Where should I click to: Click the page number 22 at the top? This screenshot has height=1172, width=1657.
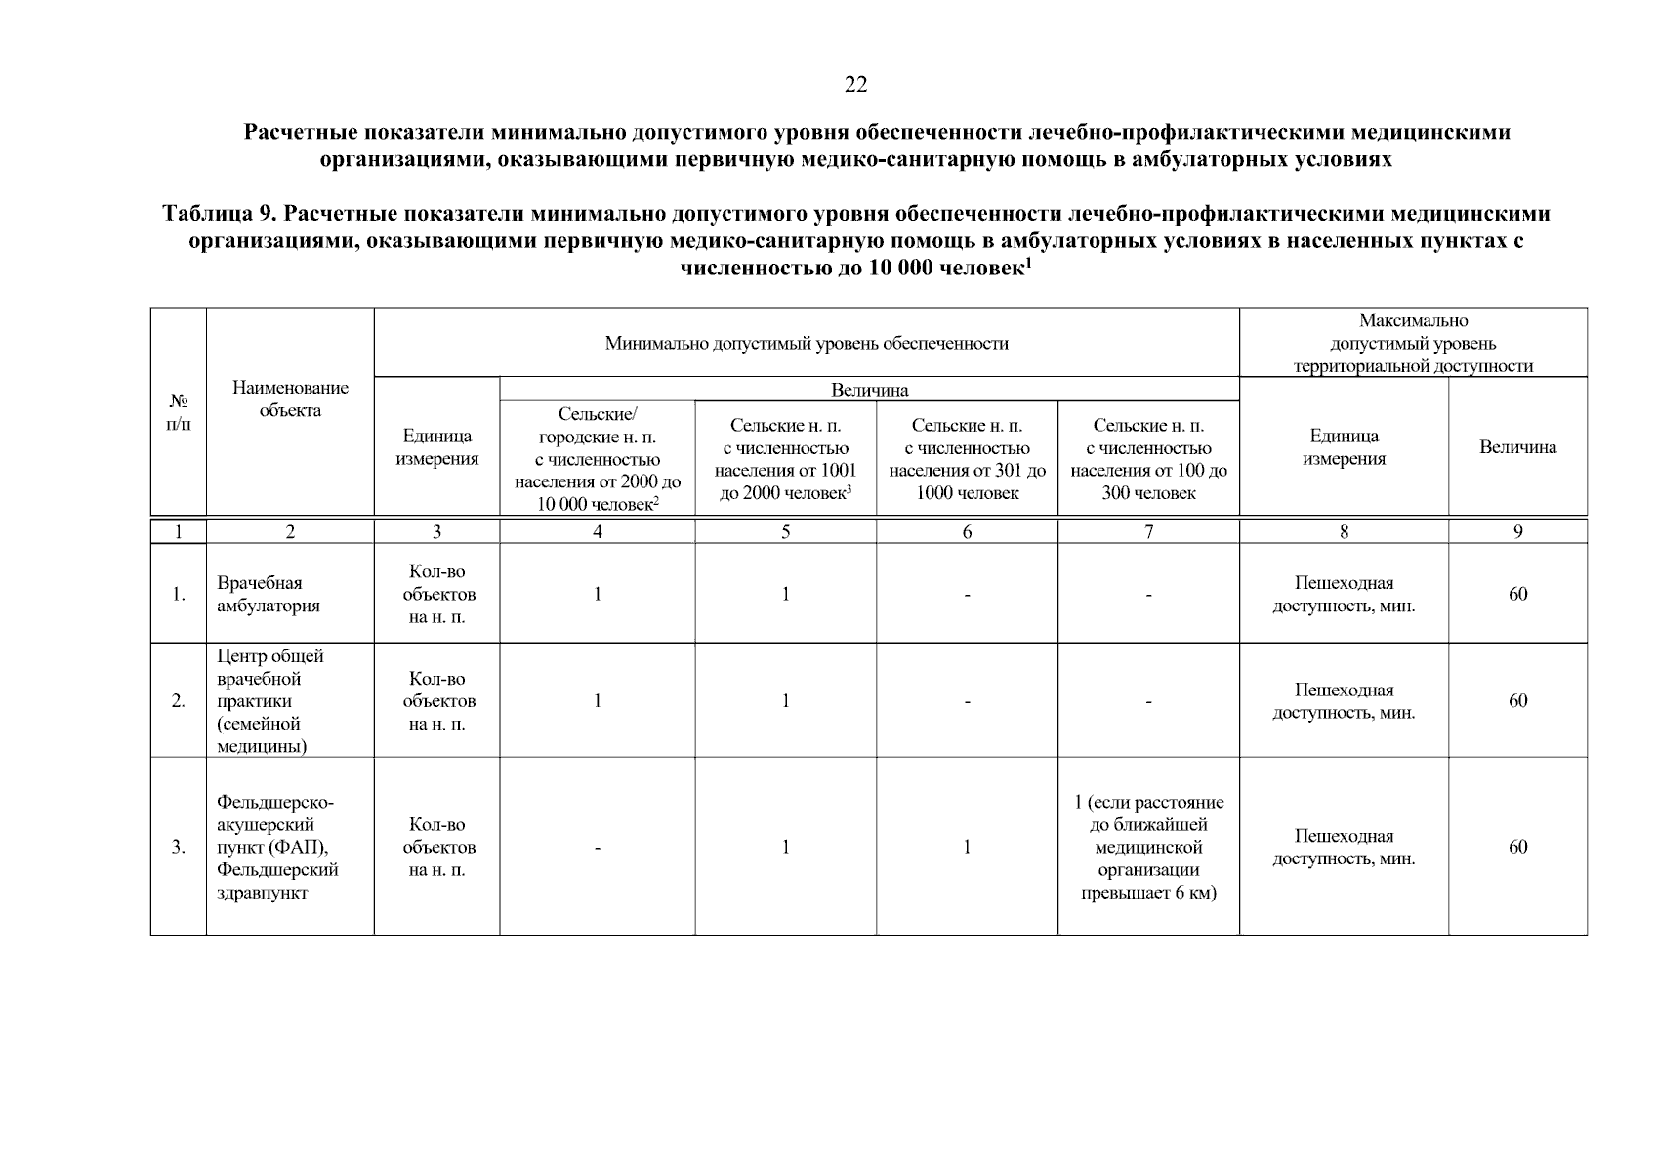click(855, 85)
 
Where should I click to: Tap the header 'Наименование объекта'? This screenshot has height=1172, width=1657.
click(290, 399)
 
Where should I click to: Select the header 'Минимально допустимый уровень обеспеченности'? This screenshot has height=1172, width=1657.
click(806, 344)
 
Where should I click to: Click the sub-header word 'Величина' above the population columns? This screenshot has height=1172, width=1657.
click(869, 390)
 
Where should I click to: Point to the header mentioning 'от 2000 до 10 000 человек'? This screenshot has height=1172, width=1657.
click(598, 459)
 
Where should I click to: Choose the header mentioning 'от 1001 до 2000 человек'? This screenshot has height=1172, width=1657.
click(785, 459)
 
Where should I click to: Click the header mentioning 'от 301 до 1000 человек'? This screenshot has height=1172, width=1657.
click(967, 459)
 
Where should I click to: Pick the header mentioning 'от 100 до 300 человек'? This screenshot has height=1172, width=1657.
click(1148, 459)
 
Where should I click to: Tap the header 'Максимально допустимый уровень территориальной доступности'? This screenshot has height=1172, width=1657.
click(1412, 344)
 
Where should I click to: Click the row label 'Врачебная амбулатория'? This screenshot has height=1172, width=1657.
click(268, 594)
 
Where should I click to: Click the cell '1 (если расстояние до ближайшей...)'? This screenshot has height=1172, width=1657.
click(1148, 847)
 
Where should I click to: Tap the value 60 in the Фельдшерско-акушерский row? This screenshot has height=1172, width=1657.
click(1517, 847)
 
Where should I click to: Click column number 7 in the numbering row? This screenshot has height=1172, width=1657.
click(1148, 532)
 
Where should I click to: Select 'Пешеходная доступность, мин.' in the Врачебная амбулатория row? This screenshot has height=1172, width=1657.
click(1344, 594)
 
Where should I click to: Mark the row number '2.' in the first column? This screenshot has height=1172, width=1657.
click(178, 701)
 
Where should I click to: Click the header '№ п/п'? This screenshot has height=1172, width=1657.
click(178, 412)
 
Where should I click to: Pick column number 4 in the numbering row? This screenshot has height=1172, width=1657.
click(598, 532)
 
